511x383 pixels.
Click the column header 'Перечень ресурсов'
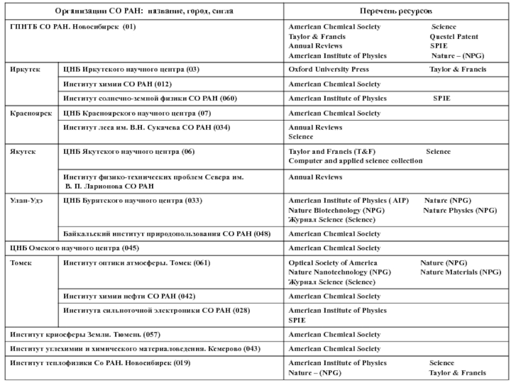tap(396, 11)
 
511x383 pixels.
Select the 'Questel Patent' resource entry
tap(454, 36)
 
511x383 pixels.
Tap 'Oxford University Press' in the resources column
tap(328, 69)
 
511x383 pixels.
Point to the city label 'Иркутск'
tap(22, 69)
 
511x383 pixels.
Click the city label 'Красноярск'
tap(27, 113)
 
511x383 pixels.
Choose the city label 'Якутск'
tap(22, 151)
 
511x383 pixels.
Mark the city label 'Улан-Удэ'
tap(26, 200)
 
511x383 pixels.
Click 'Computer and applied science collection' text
tap(355, 161)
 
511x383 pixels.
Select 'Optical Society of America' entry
tap(333, 262)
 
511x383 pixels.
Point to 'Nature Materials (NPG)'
tap(461, 272)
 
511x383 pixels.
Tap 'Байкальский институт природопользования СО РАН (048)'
tap(166, 234)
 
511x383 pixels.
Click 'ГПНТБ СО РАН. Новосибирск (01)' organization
tap(72, 27)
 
